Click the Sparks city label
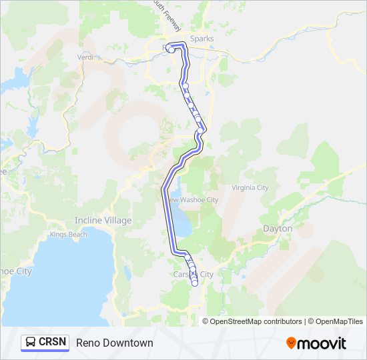[x=202, y=39]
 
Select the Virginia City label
[x=250, y=187]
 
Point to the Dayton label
[x=278, y=229]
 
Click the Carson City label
[x=194, y=274]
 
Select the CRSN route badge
[x=45, y=342]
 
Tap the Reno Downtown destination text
[x=115, y=343]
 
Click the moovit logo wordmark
[x=322, y=343]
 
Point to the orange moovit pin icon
[x=292, y=343]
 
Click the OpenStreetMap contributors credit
[x=256, y=321]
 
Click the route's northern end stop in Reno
[x=171, y=50]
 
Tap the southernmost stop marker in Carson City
[x=195, y=283]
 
